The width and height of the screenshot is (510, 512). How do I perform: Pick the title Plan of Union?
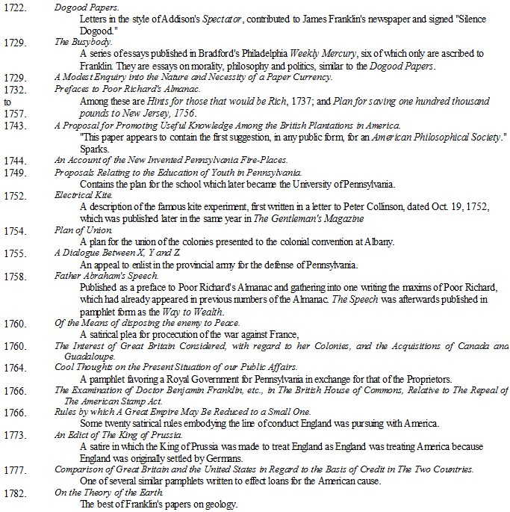click(78, 229)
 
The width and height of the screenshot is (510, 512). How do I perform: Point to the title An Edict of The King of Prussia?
click(119, 435)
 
